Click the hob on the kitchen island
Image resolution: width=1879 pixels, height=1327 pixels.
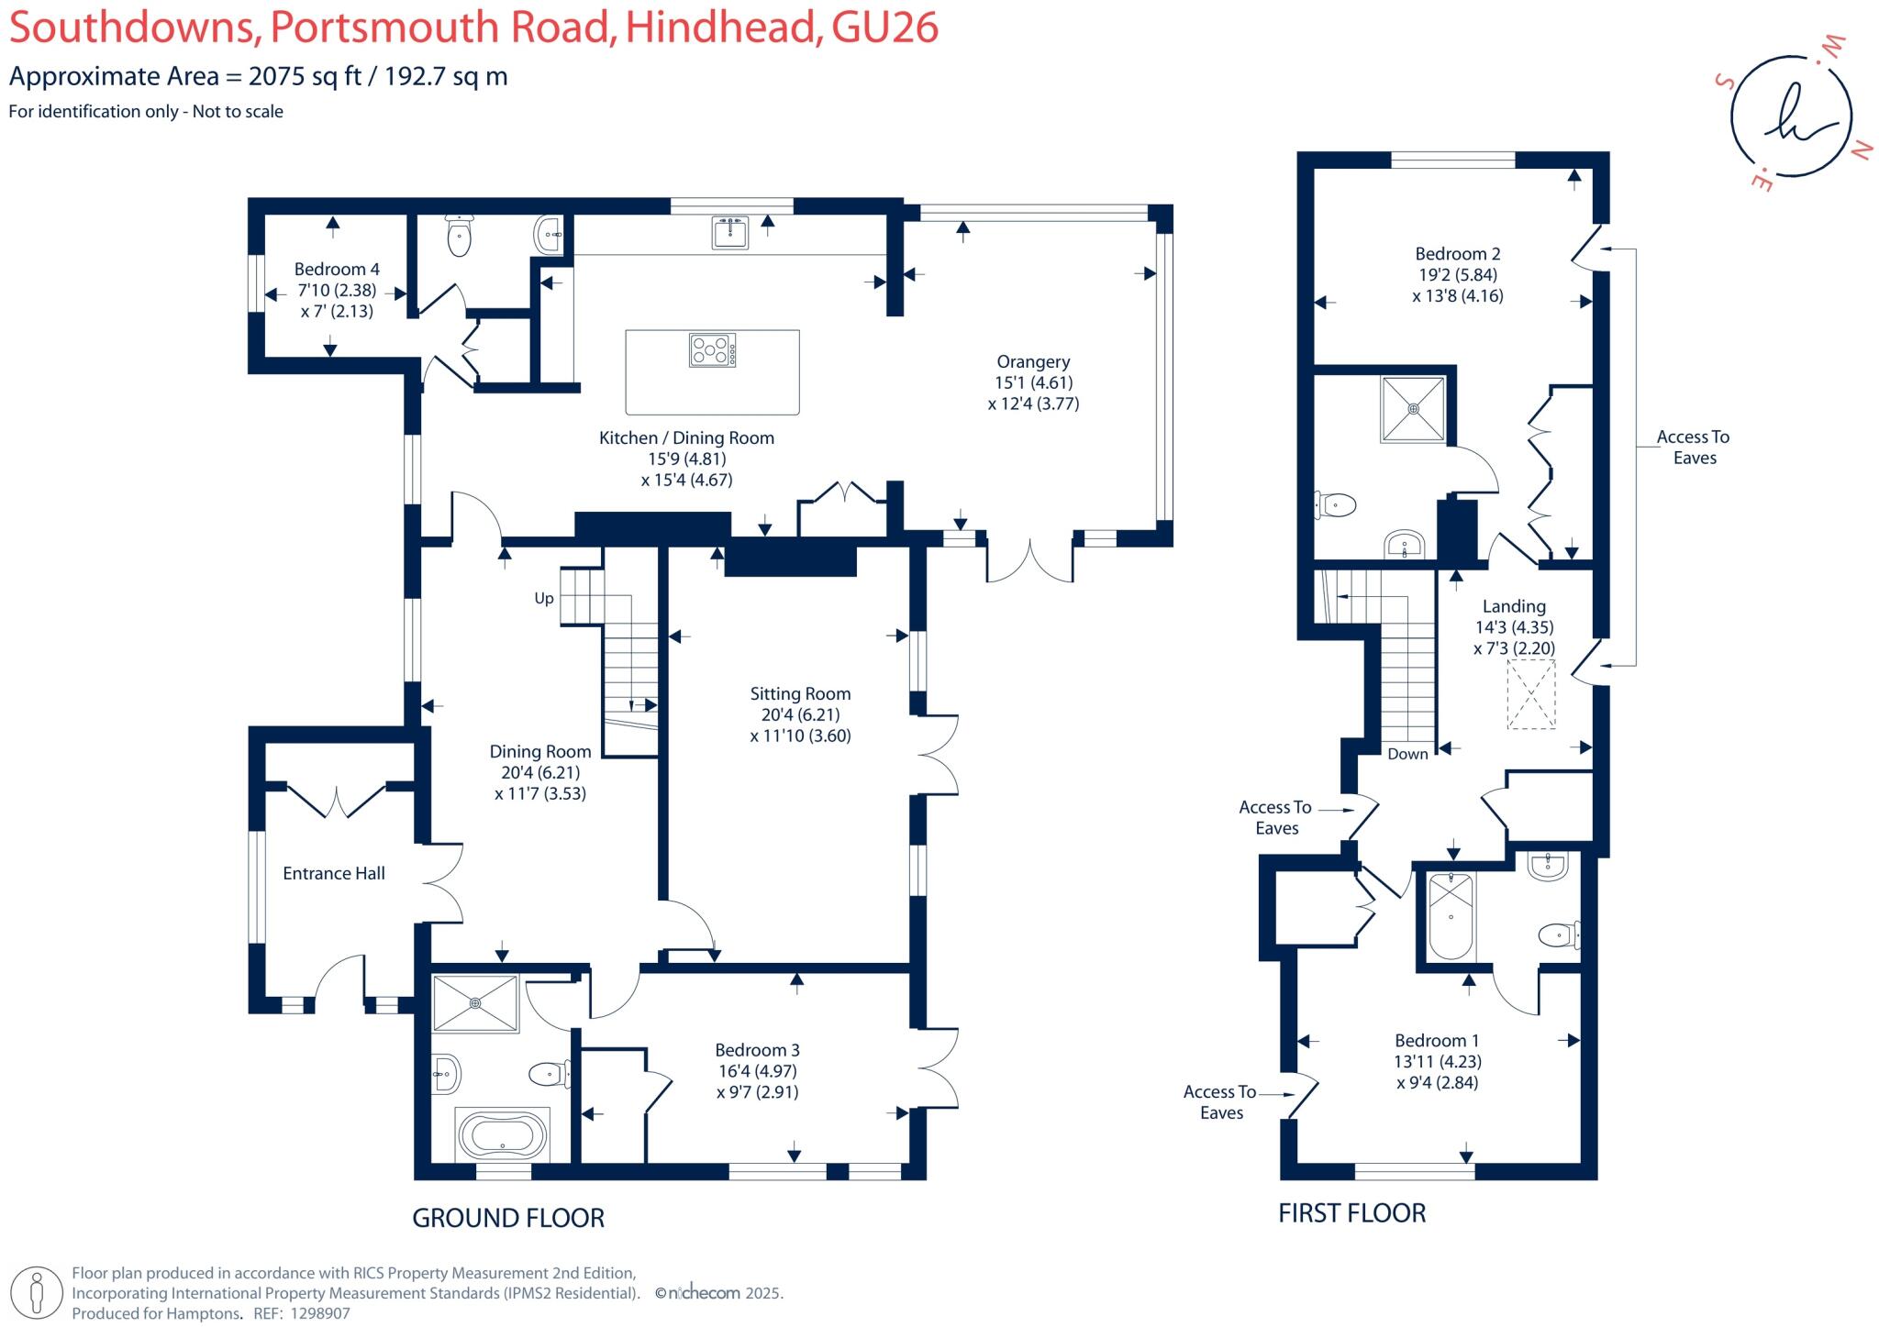[712, 350]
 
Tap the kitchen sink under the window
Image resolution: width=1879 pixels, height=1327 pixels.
[730, 233]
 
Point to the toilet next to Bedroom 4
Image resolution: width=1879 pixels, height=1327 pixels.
[459, 237]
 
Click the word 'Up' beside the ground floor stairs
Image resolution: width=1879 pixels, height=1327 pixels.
[544, 599]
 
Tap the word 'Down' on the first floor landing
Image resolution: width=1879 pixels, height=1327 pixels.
[1407, 754]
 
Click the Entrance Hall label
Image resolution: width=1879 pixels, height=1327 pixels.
[334, 874]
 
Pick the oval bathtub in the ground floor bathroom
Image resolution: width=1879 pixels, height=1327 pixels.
[502, 1135]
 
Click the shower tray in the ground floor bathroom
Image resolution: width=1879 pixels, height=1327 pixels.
[475, 1003]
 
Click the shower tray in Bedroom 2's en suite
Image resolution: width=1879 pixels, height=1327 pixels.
[1414, 409]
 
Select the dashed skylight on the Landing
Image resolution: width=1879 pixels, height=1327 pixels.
[1531, 694]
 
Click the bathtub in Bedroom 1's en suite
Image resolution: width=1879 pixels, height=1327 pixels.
[1451, 916]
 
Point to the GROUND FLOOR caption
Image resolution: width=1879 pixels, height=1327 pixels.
[508, 1218]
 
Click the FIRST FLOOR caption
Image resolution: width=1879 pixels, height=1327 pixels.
[1352, 1213]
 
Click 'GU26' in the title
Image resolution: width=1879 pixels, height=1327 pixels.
[884, 28]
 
